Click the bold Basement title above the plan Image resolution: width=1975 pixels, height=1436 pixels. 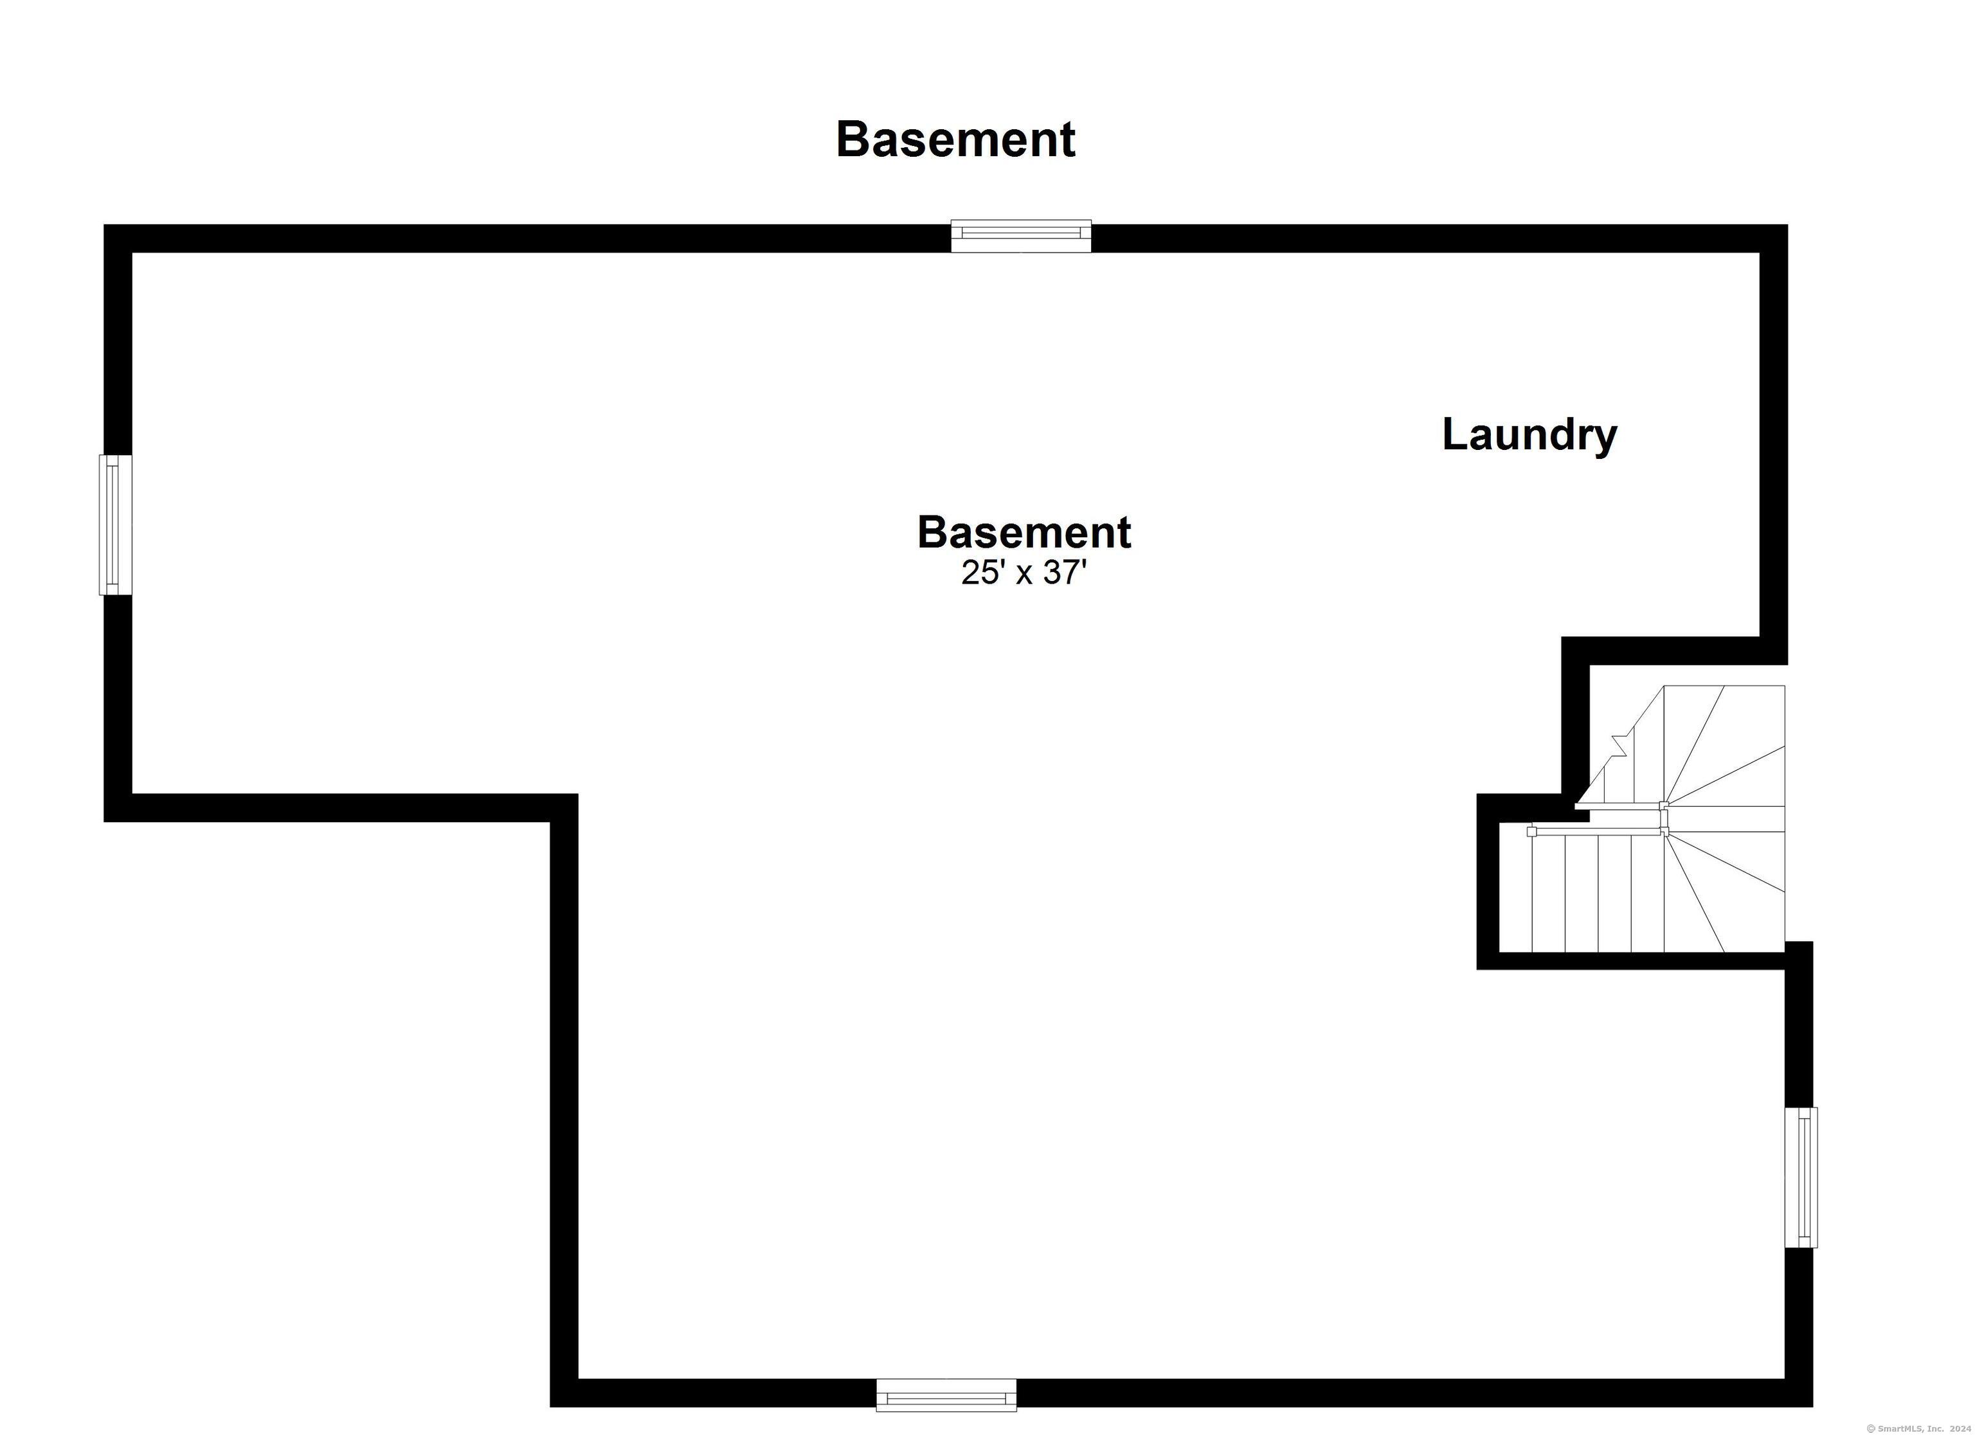[955, 139]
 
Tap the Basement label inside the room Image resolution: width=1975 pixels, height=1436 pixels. [1024, 532]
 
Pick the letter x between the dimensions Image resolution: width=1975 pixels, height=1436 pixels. [1024, 575]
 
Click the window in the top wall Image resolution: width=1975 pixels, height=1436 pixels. [1020, 235]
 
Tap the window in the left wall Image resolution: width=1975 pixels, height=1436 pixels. [115, 525]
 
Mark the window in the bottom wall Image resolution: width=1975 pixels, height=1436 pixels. [946, 1395]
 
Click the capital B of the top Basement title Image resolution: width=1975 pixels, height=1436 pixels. [852, 140]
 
